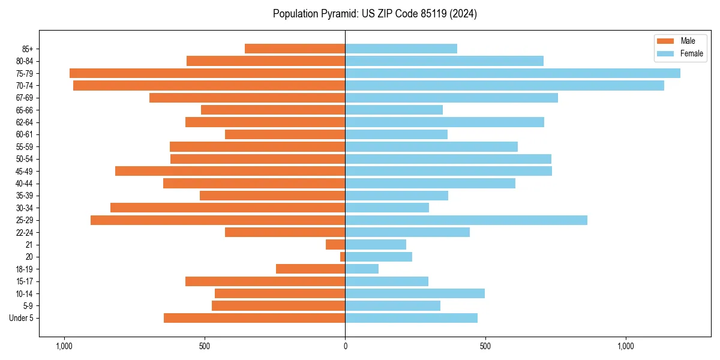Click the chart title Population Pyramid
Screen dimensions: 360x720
click(x=374, y=14)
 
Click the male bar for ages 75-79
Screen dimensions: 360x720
click(x=207, y=73)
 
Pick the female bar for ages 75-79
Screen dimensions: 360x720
click(x=512, y=73)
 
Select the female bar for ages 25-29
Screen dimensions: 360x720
click(x=466, y=220)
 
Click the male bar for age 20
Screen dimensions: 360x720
click(x=343, y=257)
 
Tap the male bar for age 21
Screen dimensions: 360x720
click(x=335, y=245)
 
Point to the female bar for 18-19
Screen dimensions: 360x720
click(x=362, y=269)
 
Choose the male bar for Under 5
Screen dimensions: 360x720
click(x=254, y=318)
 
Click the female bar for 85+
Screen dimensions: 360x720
click(x=401, y=49)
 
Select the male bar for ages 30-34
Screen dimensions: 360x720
click(x=227, y=208)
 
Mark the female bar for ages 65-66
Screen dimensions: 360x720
click(x=394, y=110)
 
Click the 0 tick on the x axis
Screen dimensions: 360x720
click(x=345, y=346)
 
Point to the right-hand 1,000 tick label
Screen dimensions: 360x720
click(x=626, y=346)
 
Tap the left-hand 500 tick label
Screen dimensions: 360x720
click(x=205, y=346)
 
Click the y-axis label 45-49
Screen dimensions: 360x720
click(x=24, y=171)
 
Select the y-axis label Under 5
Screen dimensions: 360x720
click(x=21, y=318)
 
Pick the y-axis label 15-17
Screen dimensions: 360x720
click(x=24, y=281)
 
